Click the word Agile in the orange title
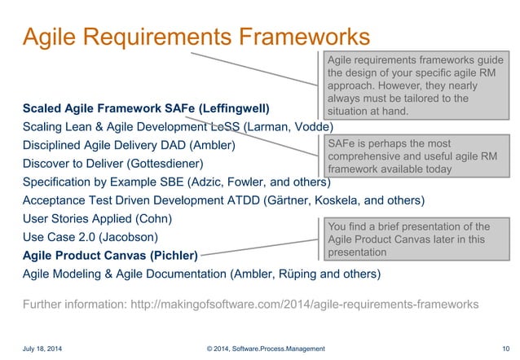pyautogui.click(x=51, y=37)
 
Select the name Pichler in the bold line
pyautogui.click(x=173, y=255)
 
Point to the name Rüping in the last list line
pyautogui.click(x=303, y=274)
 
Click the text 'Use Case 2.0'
pyautogui.click(x=59, y=237)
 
